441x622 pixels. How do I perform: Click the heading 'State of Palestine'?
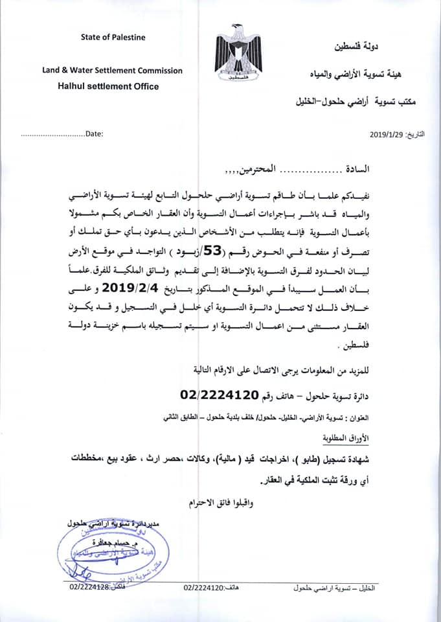coord(113,37)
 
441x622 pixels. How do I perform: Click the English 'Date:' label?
coord(95,134)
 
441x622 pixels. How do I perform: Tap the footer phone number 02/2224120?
coord(204,586)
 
